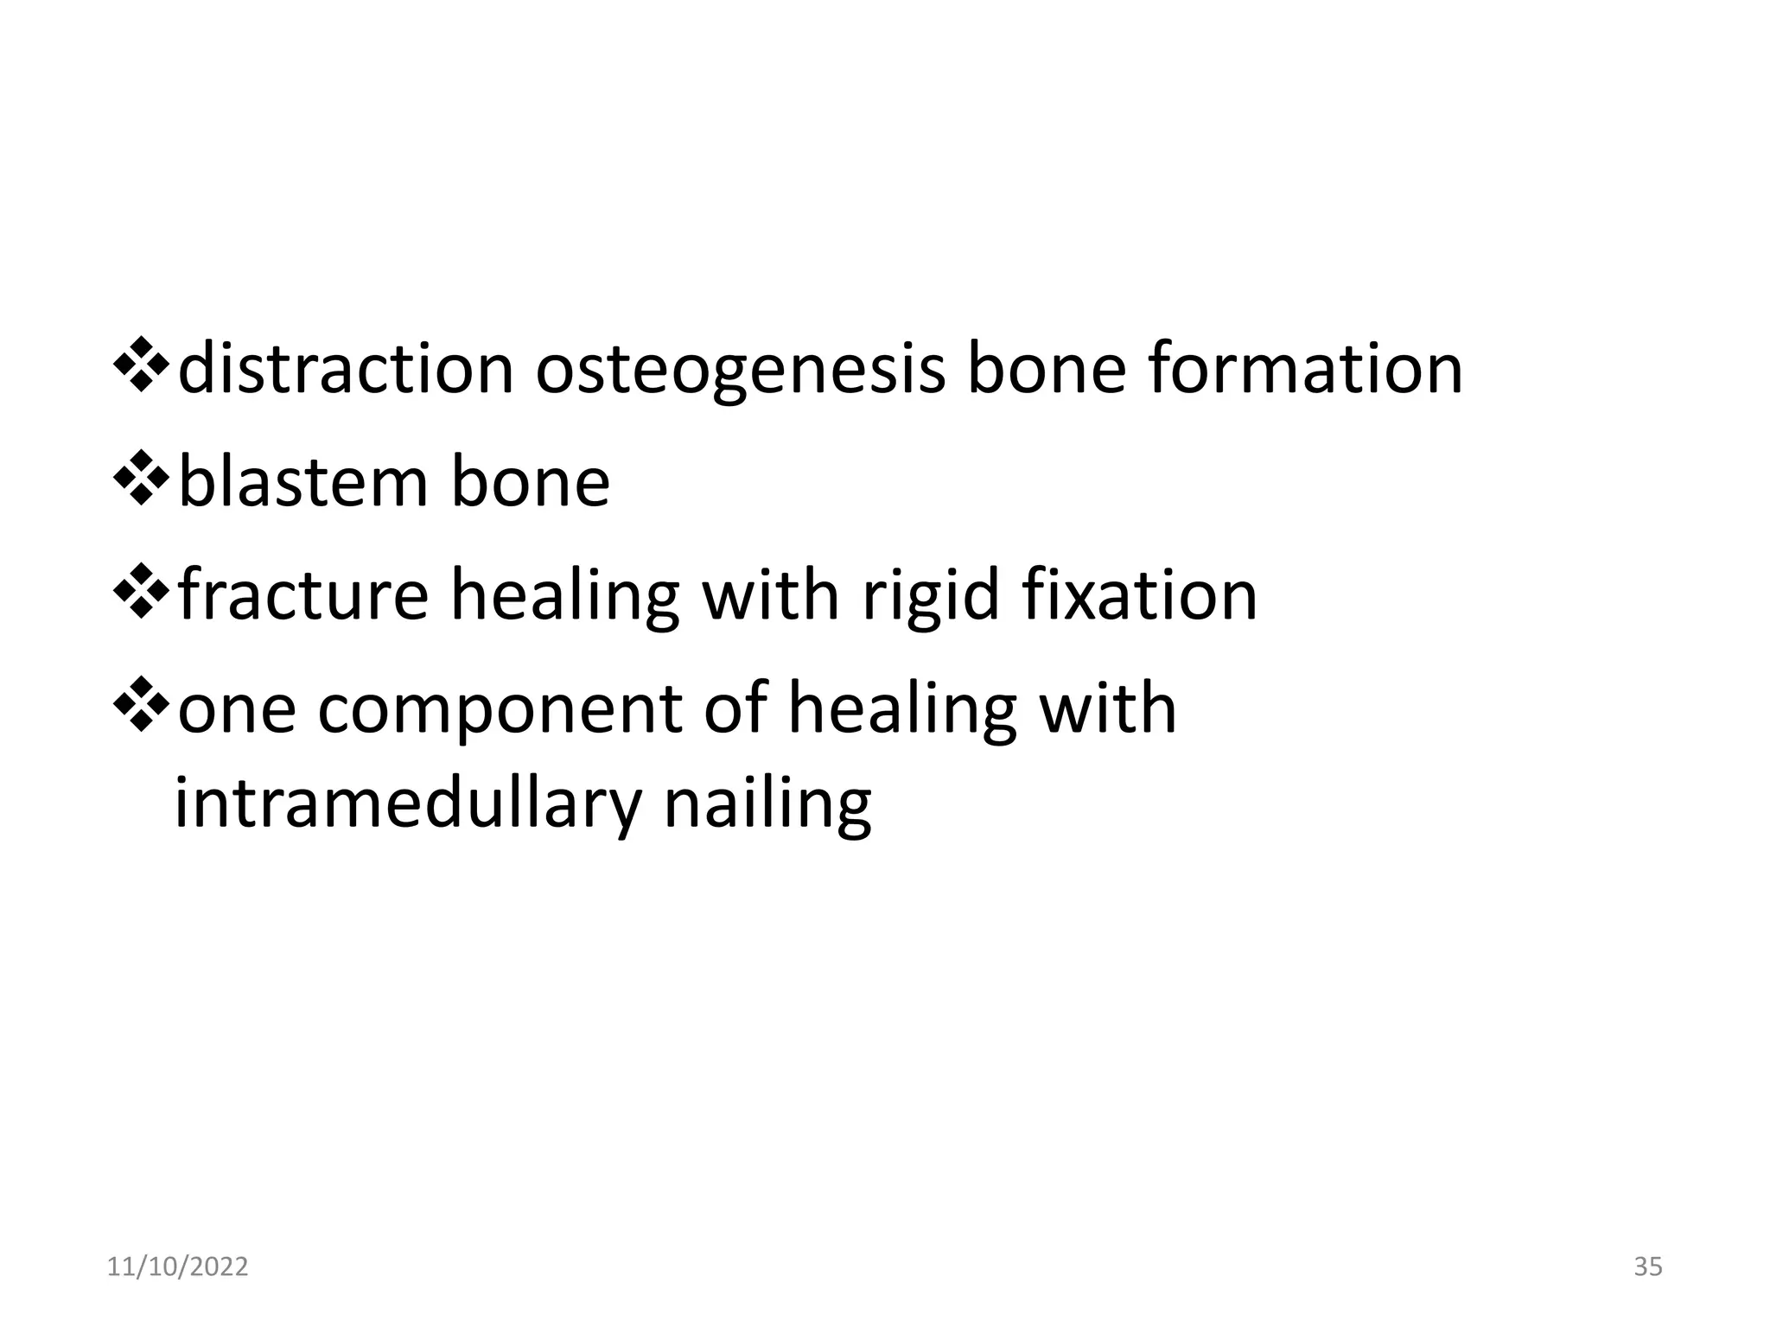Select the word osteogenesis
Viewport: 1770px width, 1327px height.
coord(740,369)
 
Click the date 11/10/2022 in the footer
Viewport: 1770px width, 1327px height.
coord(177,1267)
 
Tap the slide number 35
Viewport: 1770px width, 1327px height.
coord(1648,1267)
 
